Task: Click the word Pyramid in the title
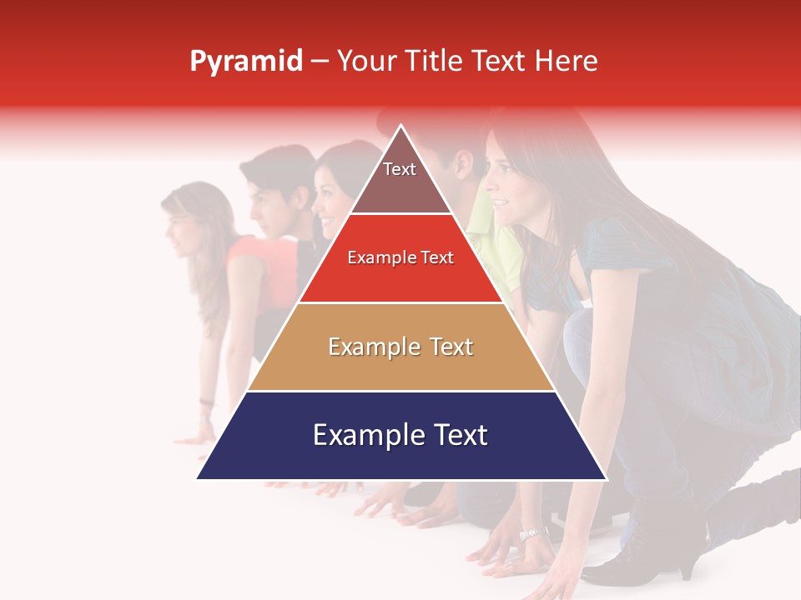point(246,62)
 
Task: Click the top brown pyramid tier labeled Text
point(400,175)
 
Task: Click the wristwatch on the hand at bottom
point(532,533)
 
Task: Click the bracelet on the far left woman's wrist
point(206,402)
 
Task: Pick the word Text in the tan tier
point(451,347)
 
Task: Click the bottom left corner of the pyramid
point(198,478)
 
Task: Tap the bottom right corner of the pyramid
point(606,478)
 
